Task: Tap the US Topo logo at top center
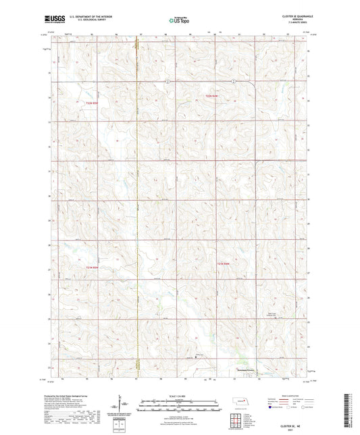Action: (x=179, y=21)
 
